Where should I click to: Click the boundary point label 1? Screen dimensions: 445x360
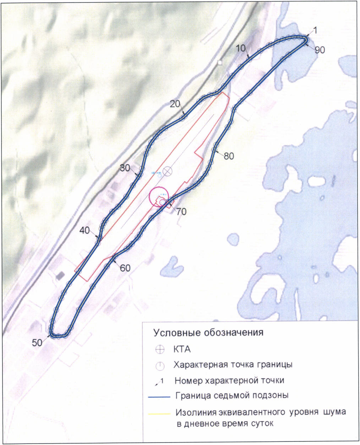coord(316,31)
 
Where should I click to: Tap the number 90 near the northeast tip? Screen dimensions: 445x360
coord(320,50)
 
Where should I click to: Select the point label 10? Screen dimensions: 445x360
coord(241,48)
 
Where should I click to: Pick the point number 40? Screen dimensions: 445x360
coord(85,230)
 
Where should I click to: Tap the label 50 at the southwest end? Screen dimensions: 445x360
coord(37,342)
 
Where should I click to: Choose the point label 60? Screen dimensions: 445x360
coord(125,268)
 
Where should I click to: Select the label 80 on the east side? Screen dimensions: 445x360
coord(229,156)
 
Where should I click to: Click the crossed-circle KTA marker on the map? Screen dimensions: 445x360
coord(167,171)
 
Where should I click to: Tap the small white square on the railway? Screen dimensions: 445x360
coord(220,63)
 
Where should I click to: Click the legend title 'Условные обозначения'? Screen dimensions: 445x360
coord(208,333)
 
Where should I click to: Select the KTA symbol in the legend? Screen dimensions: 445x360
coord(160,349)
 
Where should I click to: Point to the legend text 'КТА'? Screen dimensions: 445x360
coord(182,349)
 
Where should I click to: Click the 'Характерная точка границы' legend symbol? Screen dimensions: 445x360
coord(160,365)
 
